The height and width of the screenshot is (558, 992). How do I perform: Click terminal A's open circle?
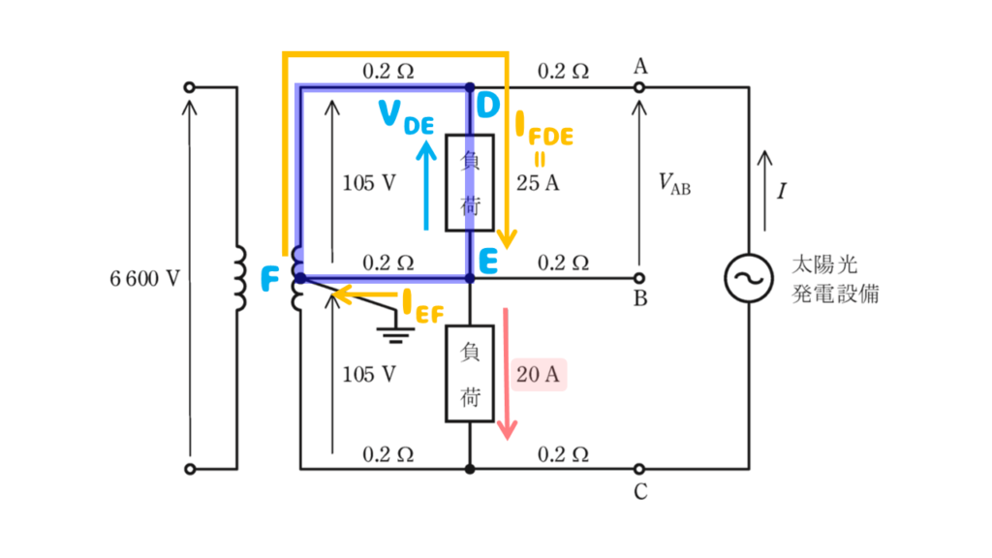tap(639, 87)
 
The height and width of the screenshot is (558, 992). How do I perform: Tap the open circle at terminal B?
tap(639, 278)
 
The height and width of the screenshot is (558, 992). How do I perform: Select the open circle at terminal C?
tap(639, 469)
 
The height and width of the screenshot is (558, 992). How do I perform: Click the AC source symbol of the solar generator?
tap(749, 278)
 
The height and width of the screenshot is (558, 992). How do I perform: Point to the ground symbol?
tap(395, 334)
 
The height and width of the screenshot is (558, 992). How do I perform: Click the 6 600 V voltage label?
tap(145, 278)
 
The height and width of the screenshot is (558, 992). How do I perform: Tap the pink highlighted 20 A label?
tap(538, 375)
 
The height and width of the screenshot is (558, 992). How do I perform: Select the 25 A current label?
tap(538, 183)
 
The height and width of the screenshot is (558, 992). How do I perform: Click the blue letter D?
tap(488, 106)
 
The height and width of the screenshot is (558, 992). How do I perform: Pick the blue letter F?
tap(270, 279)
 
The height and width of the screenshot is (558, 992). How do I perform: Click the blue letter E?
tap(488, 261)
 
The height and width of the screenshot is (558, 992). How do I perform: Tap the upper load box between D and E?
tap(470, 183)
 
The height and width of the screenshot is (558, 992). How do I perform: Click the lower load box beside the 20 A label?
tap(470, 374)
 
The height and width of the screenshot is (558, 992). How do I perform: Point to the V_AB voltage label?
tap(674, 183)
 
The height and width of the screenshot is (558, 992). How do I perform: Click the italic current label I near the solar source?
tap(782, 191)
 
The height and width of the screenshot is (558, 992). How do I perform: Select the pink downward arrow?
tap(506, 373)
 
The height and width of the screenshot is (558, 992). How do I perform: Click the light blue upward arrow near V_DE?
tap(426, 185)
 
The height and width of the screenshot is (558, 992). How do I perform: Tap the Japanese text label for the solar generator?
tap(835, 279)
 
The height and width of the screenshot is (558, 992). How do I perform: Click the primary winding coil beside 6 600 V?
tap(240, 278)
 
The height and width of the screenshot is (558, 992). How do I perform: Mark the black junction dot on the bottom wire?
tap(470, 469)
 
